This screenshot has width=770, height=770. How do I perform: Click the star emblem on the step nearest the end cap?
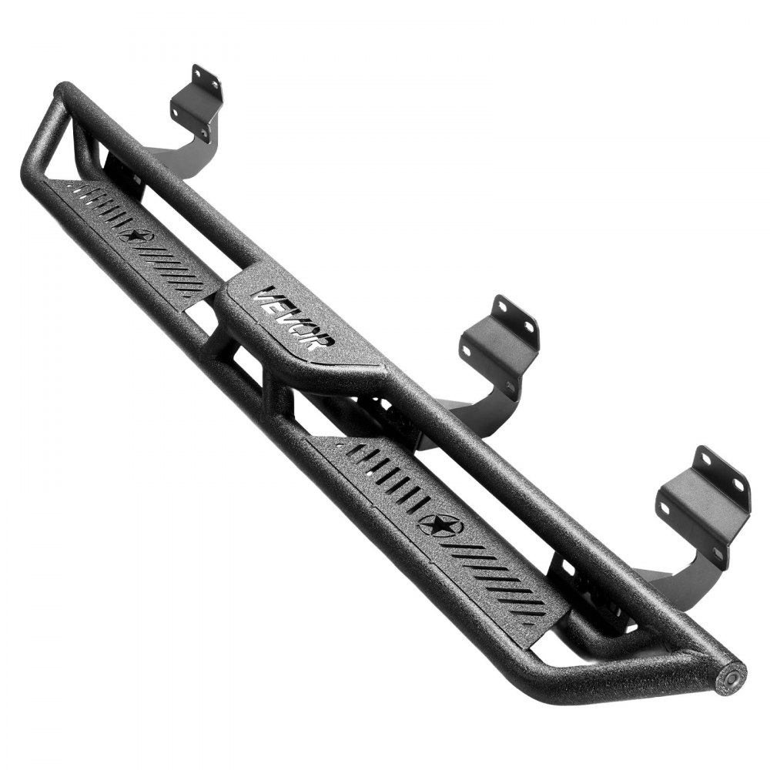pos(441,526)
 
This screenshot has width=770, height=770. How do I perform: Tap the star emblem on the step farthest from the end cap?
pos(136,236)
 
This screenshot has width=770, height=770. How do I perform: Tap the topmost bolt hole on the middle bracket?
pos(501,306)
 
